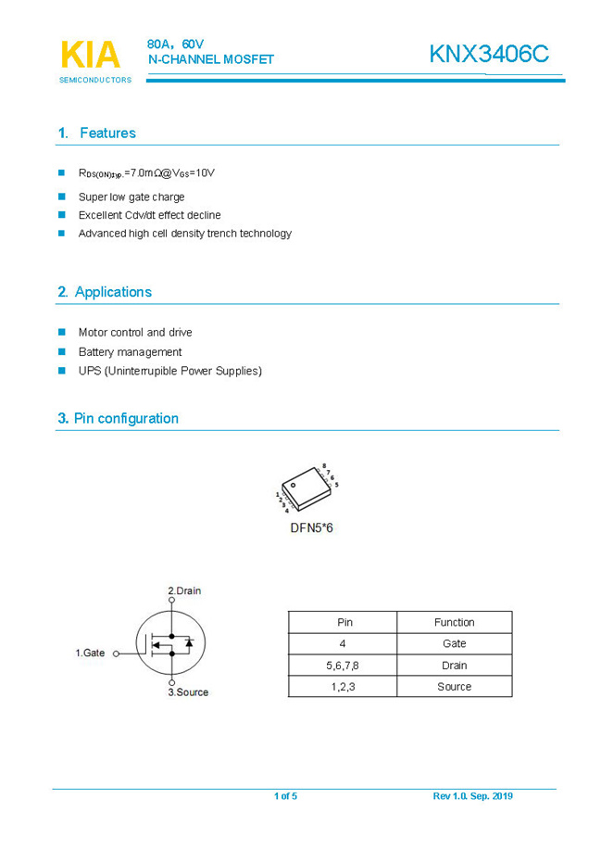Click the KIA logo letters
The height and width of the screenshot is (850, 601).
(x=91, y=55)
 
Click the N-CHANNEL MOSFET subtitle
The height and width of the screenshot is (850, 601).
(x=211, y=60)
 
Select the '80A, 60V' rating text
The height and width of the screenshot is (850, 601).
(x=175, y=44)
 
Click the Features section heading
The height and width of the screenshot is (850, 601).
(x=96, y=133)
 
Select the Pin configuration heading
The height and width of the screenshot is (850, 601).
(x=118, y=418)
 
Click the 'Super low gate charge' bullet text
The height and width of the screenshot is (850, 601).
(x=131, y=197)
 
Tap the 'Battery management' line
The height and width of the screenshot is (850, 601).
(x=130, y=351)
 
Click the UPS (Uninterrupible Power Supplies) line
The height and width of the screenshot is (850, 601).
(x=169, y=371)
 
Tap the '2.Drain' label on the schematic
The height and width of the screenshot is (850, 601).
(x=184, y=590)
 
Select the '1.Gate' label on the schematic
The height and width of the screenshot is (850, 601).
(x=90, y=653)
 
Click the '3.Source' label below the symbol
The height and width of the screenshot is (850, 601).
(x=188, y=691)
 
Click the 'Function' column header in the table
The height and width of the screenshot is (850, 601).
(x=454, y=622)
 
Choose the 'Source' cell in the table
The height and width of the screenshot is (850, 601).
(x=454, y=687)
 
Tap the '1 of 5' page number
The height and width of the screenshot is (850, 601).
(x=285, y=796)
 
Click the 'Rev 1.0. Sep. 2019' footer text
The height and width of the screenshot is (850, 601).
(x=472, y=796)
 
